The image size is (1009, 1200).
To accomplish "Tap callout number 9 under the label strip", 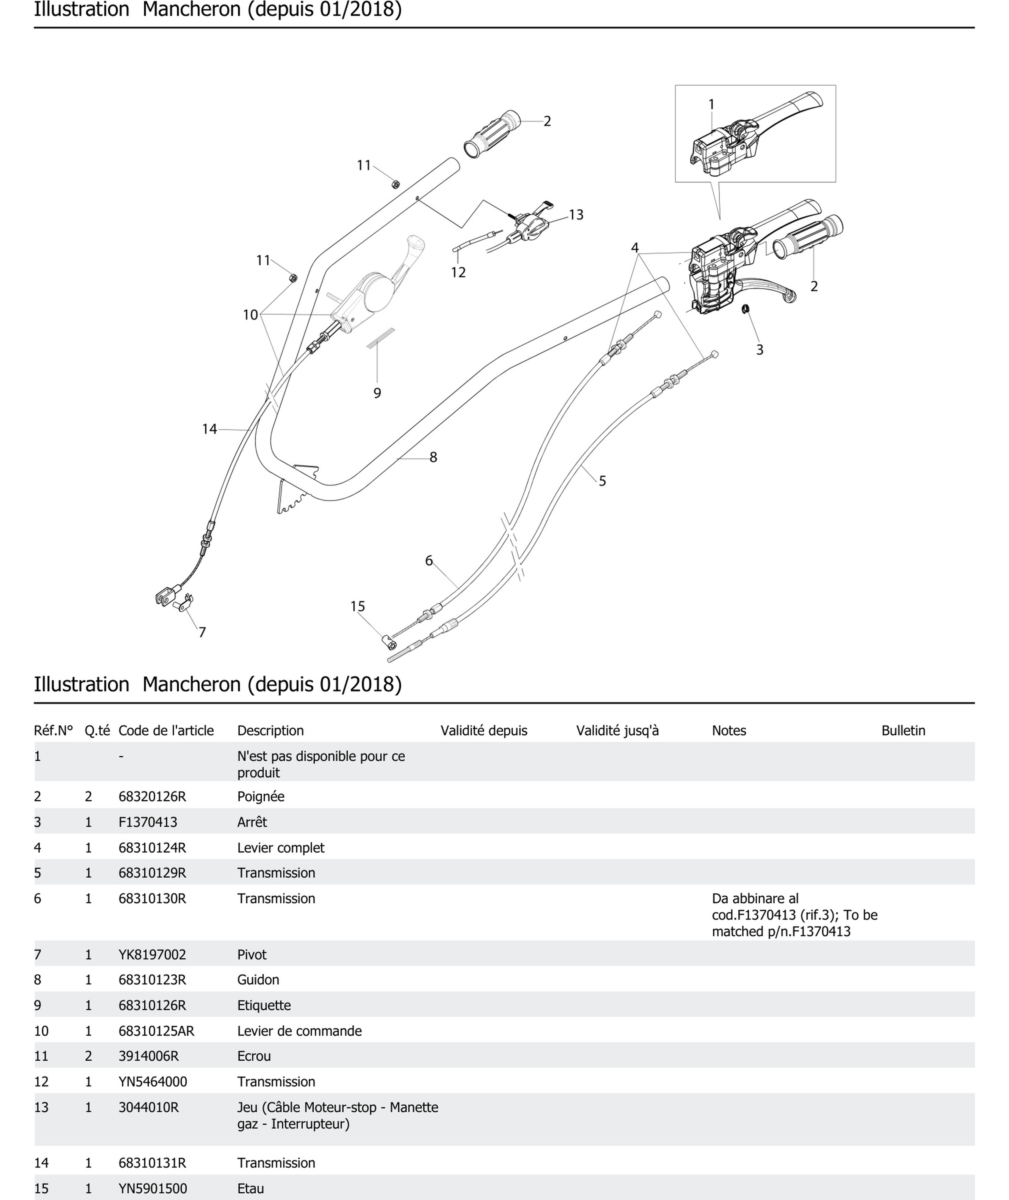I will [377, 393].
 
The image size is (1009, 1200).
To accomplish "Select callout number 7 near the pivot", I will [202, 632].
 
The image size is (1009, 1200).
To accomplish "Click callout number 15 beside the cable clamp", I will [357, 606].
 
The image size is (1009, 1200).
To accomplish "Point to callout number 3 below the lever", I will [760, 350].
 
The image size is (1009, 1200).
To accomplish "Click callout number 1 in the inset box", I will [711, 104].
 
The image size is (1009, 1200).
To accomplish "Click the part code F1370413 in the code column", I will [148, 822].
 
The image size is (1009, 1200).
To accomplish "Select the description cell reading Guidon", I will [258, 980].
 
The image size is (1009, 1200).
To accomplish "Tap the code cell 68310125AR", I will [156, 1031].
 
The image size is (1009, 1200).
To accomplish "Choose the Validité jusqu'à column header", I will [617, 731].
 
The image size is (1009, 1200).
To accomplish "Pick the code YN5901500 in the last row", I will [152, 1189].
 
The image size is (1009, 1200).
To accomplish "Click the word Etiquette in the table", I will [264, 1005].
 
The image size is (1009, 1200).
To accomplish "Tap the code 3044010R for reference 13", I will [148, 1107].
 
